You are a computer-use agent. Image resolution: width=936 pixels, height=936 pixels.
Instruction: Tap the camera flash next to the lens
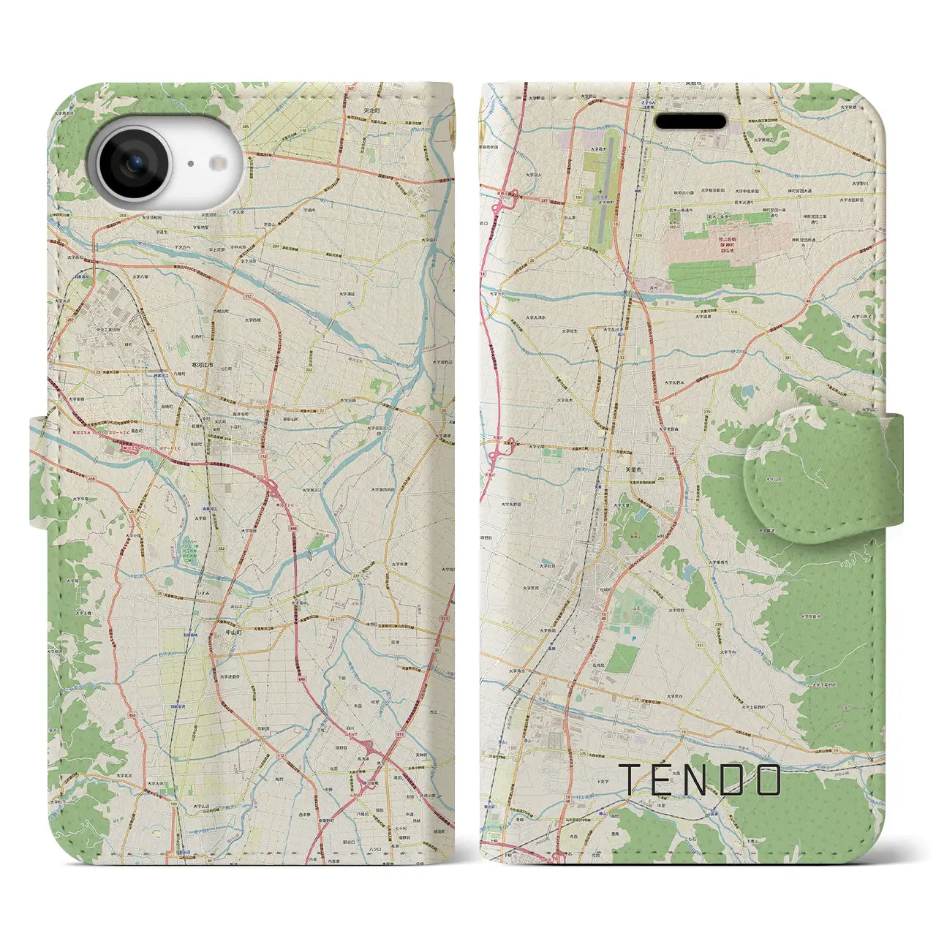coord(189,165)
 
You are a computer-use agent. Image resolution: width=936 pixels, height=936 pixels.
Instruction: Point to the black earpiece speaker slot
coord(690,121)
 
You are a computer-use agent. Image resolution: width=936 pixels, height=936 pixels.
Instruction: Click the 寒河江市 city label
coord(198,364)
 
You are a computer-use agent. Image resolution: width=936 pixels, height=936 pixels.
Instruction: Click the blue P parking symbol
coord(633,638)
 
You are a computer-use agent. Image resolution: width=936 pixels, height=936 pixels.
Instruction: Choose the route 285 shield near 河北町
coord(246,127)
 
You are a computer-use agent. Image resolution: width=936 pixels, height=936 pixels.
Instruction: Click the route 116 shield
coord(733,312)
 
